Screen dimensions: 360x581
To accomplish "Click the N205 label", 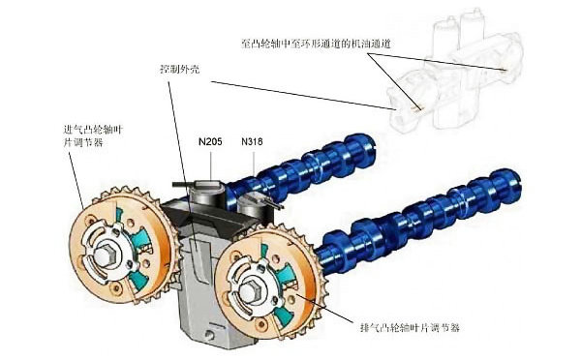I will click(x=210, y=142).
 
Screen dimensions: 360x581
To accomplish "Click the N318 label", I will click(x=253, y=142).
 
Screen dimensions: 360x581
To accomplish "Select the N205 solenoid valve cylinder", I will click(x=208, y=194).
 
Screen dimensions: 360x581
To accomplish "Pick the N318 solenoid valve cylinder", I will click(x=255, y=203).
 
